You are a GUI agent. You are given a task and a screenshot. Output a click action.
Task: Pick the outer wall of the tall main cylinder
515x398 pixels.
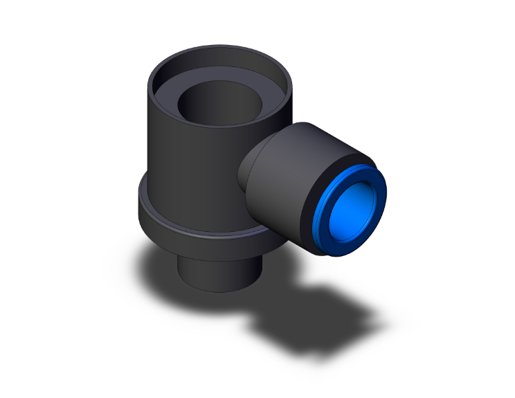tap(187, 166)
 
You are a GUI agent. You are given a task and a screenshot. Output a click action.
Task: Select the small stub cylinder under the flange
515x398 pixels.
tap(218, 273)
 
